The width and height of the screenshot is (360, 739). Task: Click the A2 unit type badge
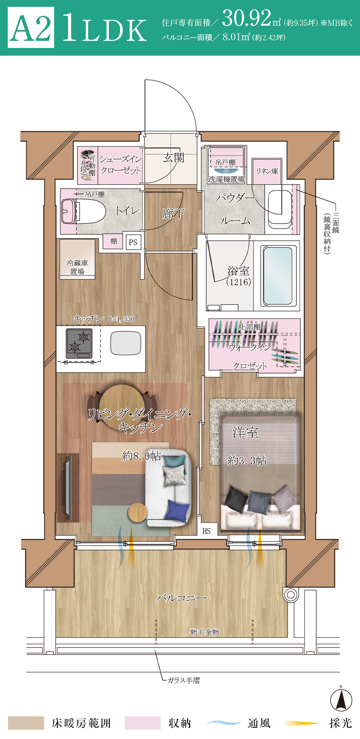[x=31, y=28]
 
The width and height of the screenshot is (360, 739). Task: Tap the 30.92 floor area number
[x=246, y=19]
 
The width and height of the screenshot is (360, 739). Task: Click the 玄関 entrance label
[x=174, y=158]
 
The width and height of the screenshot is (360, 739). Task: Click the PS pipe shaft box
[x=133, y=242]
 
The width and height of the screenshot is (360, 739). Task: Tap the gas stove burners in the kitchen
[x=79, y=344]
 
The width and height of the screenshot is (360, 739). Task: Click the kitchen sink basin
[x=126, y=343]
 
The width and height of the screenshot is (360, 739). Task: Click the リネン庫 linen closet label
[x=267, y=171]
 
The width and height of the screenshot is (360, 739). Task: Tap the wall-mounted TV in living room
[x=68, y=487]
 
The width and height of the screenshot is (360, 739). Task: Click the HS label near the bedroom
[x=206, y=531]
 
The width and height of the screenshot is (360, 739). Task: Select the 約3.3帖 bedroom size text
[x=247, y=461]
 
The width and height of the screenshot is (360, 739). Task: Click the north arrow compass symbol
[x=341, y=700]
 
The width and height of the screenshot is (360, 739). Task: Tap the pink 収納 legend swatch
[x=143, y=723]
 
